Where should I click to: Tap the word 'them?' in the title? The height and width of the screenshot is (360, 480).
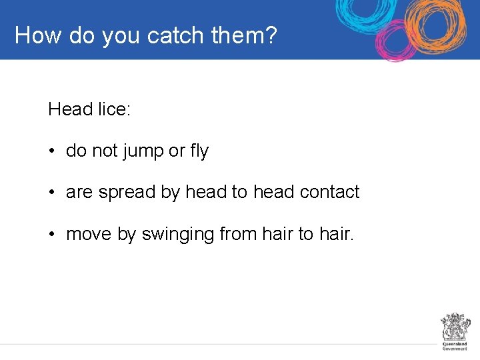point(244,35)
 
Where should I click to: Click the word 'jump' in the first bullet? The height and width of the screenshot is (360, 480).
point(142,152)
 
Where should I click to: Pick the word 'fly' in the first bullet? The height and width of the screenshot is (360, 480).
point(199,152)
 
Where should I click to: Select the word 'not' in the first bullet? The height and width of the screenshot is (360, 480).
point(105,151)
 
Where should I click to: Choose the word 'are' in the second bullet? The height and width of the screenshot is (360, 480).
point(79,193)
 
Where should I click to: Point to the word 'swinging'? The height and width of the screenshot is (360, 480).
point(178,235)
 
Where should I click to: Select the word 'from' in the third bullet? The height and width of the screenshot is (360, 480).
point(237,234)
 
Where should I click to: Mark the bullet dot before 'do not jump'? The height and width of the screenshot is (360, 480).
point(51,152)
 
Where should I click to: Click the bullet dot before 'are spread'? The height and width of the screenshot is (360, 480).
point(51,193)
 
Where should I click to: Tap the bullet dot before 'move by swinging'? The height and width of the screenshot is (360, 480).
point(51,234)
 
